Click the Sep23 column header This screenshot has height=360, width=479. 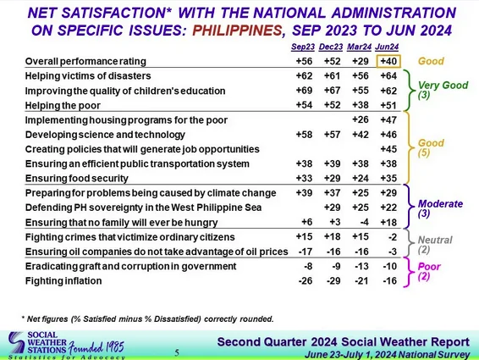pos(303,47)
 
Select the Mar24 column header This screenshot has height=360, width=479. pos(359,47)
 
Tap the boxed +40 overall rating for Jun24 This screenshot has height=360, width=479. pos(388,61)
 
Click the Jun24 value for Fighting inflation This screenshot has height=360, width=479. pos(390,280)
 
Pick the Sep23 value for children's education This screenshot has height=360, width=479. pos(305,91)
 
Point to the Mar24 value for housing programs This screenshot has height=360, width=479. pos(361,119)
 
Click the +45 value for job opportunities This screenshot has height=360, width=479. pos(388,149)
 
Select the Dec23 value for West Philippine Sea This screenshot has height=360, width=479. pos(333,208)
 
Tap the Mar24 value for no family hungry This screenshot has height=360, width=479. pos(364,222)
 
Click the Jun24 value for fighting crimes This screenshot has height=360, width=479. pos(393,236)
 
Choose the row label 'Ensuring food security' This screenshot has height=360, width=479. pos(77,179)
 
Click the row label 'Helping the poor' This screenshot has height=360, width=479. pos(63,106)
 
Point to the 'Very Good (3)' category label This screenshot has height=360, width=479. pos(443,90)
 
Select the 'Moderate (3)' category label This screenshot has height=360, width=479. pos(440,208)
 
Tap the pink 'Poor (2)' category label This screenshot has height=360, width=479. pos(429,271)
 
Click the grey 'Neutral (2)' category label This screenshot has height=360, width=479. pos(435,245)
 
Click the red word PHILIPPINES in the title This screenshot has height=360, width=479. pos(237,30)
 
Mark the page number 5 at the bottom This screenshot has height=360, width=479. pos(177,352)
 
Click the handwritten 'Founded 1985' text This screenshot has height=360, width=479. pos(96,347)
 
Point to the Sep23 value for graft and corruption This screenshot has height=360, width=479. pos(308,266)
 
